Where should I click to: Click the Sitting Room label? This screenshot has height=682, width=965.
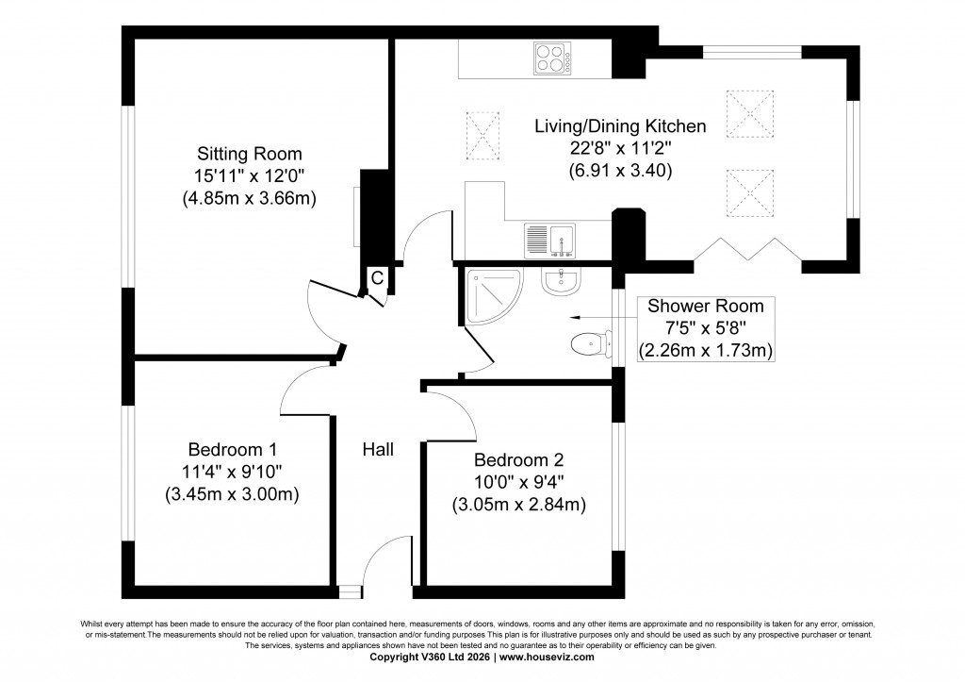click(249, 153)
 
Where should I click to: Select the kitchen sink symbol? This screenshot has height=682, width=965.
click(549, 240)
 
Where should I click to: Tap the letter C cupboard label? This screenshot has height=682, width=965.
click(376, 278)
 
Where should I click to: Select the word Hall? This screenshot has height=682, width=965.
click(378, 449)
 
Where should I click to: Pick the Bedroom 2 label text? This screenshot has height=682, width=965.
click(518, 460)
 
